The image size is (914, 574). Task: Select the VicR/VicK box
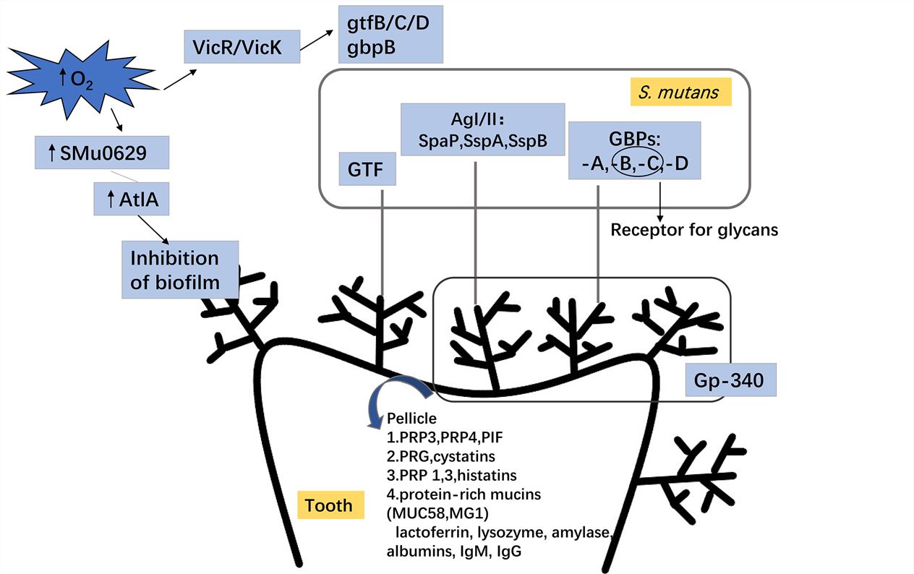[242, 48]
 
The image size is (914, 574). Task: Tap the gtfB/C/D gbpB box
[390, 33]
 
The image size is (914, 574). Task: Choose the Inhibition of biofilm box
[180, 269]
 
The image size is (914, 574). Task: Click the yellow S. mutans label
[680, 92]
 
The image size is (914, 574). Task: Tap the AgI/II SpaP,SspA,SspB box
[482, 129]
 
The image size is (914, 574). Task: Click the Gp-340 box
[730, 380]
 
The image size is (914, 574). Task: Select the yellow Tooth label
[328, 505]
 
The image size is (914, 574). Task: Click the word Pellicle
[412, 419]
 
